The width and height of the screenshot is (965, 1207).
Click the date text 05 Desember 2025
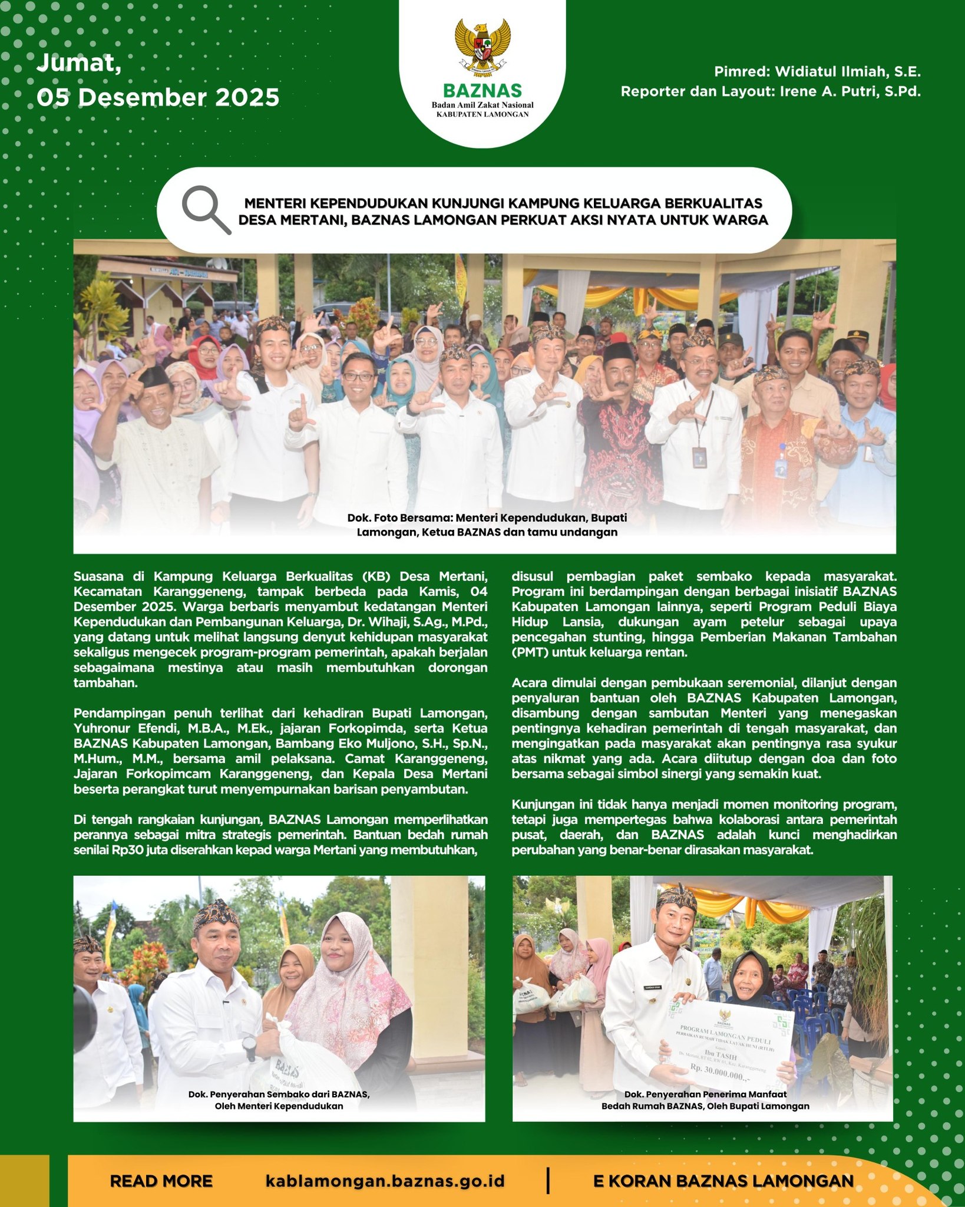pos(158,97)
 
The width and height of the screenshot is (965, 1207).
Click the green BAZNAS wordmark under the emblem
pos(482,91)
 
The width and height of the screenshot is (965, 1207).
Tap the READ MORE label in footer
pos(161,1181)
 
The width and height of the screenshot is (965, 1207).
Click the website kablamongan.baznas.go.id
pos(385,1181)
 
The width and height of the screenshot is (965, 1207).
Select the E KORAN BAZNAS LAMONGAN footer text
pos(723,1181)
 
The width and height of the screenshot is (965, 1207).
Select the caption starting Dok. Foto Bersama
pos(487,525)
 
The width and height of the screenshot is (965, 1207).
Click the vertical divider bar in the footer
pos(548,1180)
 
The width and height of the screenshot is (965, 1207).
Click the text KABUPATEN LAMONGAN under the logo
pos(482,114)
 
